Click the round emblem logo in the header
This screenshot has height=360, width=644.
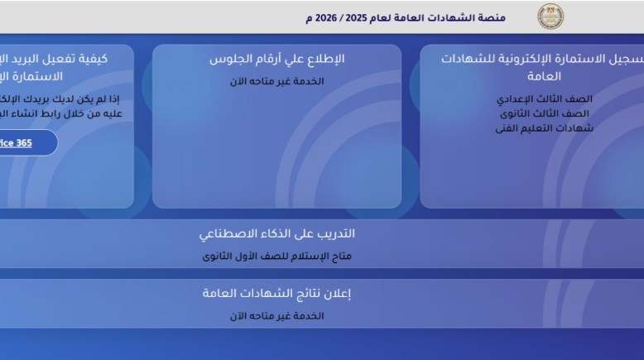[551, 16]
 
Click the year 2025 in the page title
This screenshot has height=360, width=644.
[374, 17]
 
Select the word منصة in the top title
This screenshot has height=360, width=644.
[515, 17]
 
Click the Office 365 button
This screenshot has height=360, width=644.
[25, 142]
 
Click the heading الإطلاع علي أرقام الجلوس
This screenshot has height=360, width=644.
[277, 60]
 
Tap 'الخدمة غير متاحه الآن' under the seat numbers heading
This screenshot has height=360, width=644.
[277, 81]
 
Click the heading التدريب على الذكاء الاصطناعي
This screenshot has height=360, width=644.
[277, 234]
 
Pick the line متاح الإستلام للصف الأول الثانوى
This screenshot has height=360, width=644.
[277, 256]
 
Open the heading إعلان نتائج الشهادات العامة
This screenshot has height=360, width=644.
[277, 294]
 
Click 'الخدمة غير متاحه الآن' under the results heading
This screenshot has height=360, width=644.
[277, 315]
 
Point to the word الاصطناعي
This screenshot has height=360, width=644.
[228, 234]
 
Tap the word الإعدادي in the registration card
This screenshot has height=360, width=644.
[515, 98]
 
